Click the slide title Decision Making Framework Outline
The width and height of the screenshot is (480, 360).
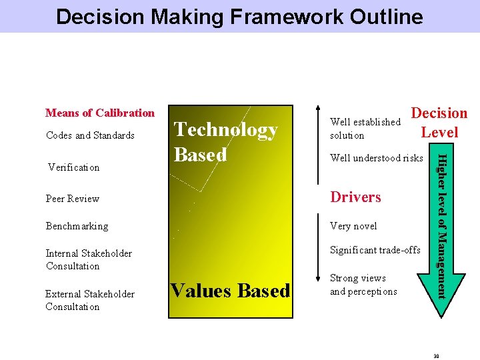pos(239,16)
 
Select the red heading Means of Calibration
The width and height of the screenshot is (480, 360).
pos(100,113)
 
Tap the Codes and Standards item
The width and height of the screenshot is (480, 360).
pos(90,135)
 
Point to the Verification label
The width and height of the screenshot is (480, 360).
pos(74,167)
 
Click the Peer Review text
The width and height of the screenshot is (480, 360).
pos(73,199)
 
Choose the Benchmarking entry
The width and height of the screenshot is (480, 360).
pos(77,226)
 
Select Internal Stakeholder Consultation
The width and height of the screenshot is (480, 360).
pos(89,259)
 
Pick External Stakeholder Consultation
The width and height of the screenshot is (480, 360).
pos(89,300)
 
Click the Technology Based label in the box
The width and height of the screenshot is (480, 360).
pos(225,142)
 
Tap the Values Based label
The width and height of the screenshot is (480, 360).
pos(230,291)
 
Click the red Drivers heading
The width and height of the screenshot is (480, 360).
pos(356,197)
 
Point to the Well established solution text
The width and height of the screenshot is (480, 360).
pos(365,129)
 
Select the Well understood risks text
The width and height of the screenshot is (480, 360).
pos(377,158)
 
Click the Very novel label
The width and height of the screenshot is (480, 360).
pos(353,226)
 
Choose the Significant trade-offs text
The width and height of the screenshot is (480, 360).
pos(375,250)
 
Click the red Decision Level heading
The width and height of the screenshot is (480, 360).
pos(439,123)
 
